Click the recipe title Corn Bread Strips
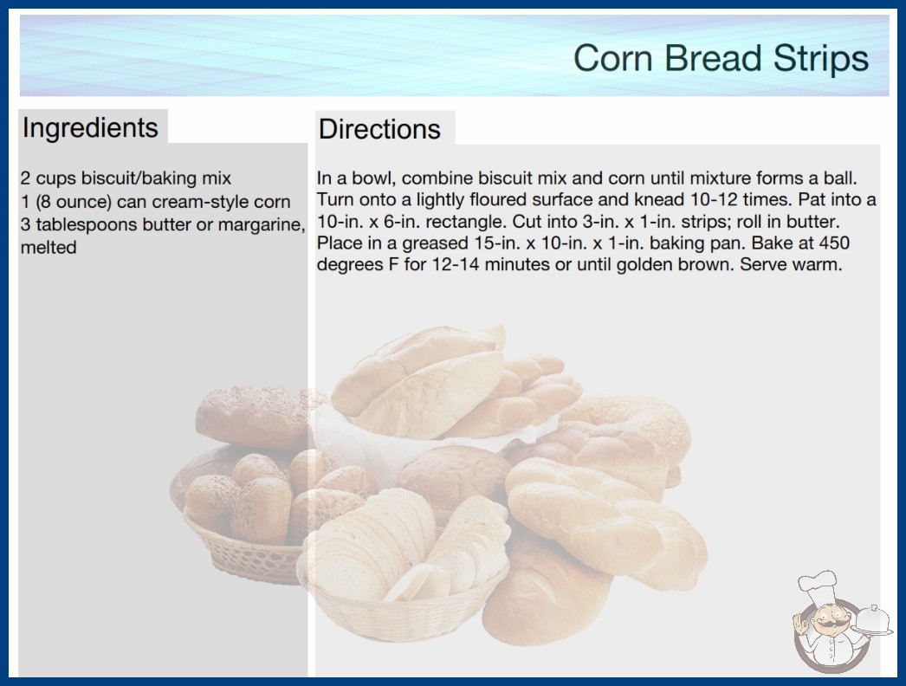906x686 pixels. tap(721, 58)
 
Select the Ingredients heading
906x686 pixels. tap(90, 127)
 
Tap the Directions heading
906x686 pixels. tap(379, 129)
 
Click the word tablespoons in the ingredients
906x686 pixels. tap(85, 225)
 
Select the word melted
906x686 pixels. tap(49, 248)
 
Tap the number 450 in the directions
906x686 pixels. tap(834, 243)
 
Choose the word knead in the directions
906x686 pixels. tap(660, 199)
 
